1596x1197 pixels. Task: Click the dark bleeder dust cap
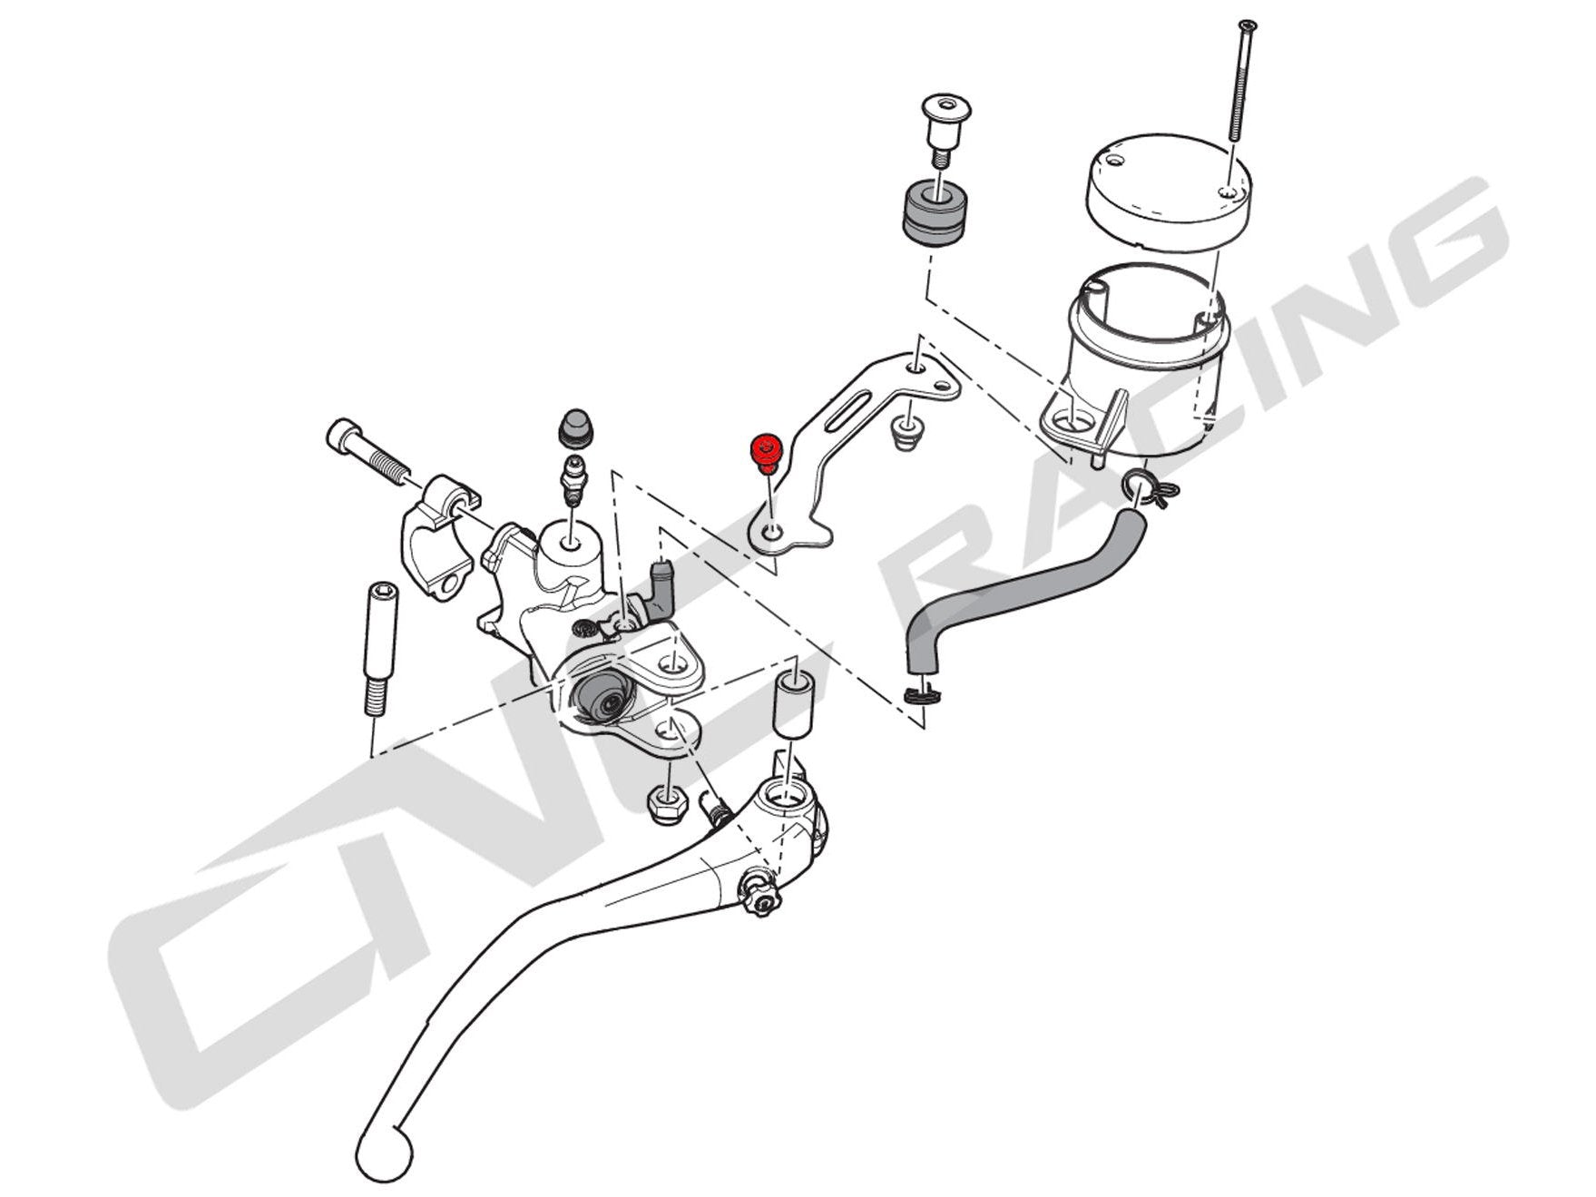[574, 425]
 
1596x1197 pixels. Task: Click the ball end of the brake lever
[383, 1153]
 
